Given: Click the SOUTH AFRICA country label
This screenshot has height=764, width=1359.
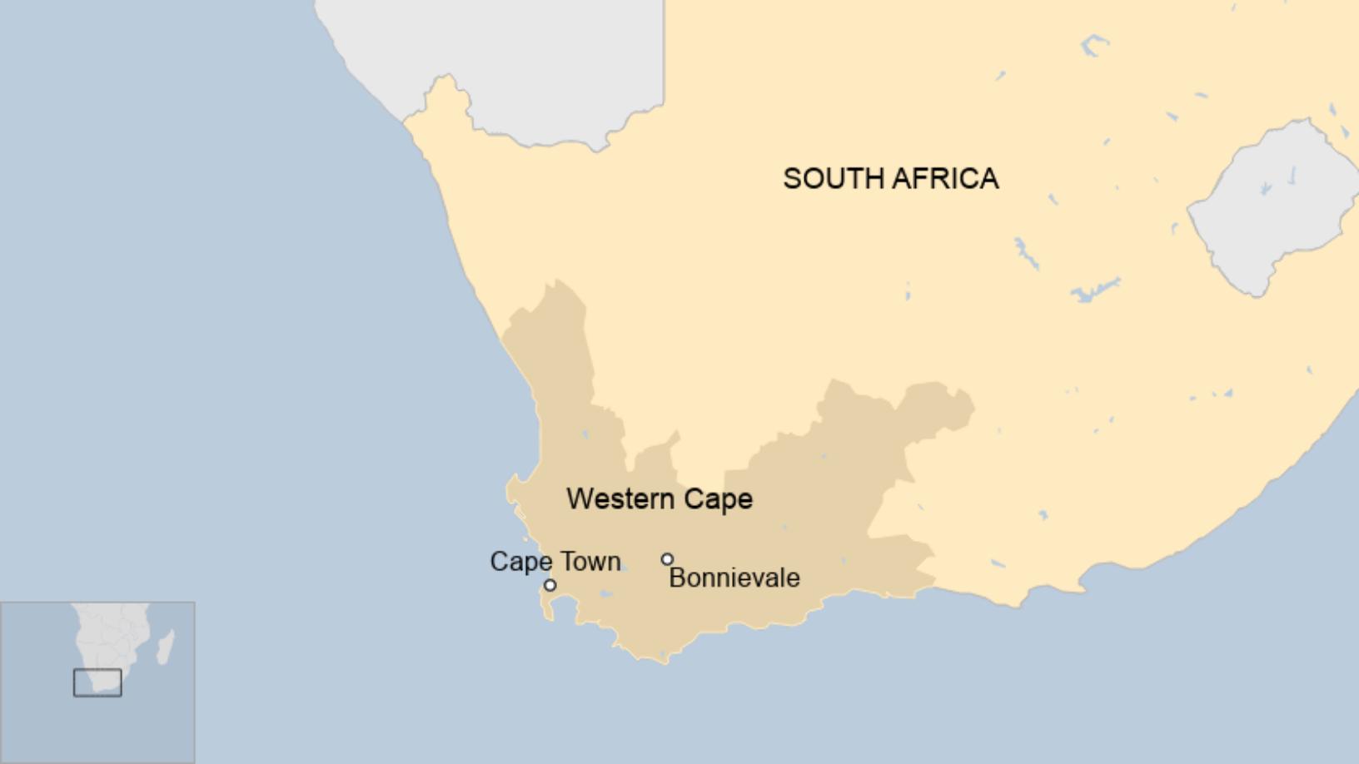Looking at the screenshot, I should [890, 178].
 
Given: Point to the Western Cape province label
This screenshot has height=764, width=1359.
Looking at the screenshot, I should [660, 499].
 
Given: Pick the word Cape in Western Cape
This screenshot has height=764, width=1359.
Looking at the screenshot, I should [718, 499].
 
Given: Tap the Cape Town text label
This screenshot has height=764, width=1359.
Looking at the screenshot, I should [555, 561].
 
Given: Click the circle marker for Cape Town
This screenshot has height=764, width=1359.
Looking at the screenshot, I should [550, 585].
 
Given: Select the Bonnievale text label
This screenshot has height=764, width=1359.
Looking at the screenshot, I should [734, 578].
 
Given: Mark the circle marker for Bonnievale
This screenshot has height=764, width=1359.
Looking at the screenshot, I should [667, 559].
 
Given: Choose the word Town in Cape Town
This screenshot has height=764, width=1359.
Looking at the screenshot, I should [590, 561].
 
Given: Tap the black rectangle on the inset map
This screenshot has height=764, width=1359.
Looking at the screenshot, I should [97, 682].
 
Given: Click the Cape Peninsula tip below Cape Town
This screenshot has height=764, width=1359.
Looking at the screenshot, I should [550, 617].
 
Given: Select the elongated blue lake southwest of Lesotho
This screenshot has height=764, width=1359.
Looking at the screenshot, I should [1095, 290].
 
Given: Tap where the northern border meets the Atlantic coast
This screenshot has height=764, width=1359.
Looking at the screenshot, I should [406, 122].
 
